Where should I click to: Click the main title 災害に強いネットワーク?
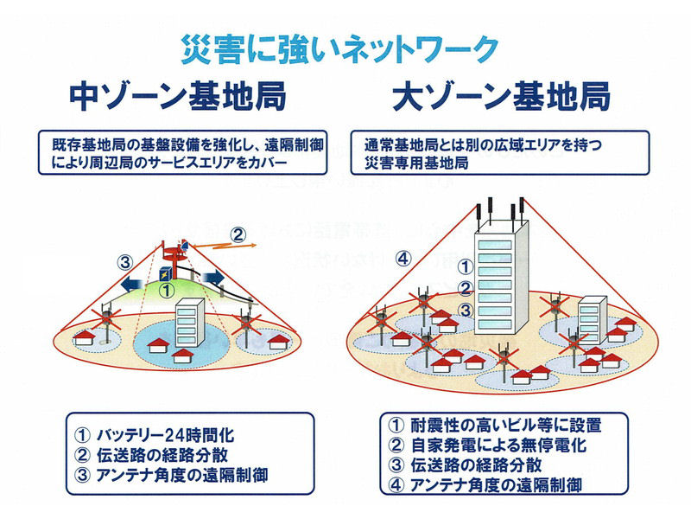pyautogui.click(x=339, y=49)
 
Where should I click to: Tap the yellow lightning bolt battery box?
pyautogui.click(x=166, y=274)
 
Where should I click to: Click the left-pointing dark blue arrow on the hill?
pyautogui.click(x=132, y=284)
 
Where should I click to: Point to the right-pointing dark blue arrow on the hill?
pyautogui.click(x=213, y=278)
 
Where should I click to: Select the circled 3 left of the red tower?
pyautogui.click(x=125, y=263)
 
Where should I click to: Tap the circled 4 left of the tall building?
pyautogui.click(x=403, y=259)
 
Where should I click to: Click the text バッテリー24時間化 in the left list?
pyautogui.click(x=165, y=436)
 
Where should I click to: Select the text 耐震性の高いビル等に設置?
pyautogui.click(x=506, y=426)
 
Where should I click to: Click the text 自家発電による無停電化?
pyautogui.click(x=498, y=445)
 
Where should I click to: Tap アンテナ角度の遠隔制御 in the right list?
pyautogui.click(x=496, y=485)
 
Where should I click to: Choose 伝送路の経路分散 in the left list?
pyautogui.click(x=162, y=456)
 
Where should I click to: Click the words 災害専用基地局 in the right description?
pyautogui.click(x=416, y=163)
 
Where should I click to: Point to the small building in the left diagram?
pyautogui.click(x=190, y=322)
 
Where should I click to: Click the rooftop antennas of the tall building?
pyautogui.click(x=500, y=212)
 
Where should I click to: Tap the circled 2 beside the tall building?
pyautogui.click(x=466, y=289)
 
